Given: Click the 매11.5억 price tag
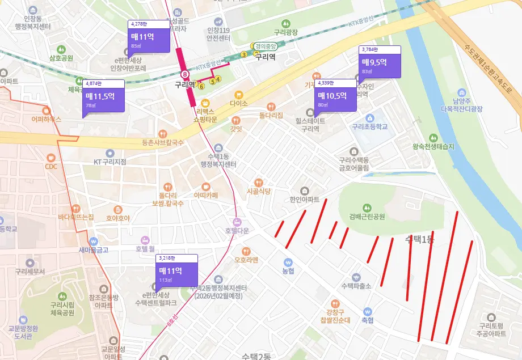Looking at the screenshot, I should pyautogui.click(x=103, y=96).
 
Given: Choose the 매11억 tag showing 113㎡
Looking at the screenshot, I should pyautogui.click(x=176, y=270).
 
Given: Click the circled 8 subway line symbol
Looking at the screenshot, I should pyautogui.click(x=184, y=74).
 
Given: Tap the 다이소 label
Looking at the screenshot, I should pyautogui.click(x=239, y=103).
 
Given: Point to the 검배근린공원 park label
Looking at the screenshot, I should pyautogui.click(x=363, y=217).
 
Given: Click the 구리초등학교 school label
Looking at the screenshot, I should pyautogui.click(x=369, y=126).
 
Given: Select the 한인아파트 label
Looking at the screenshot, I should pyautogui.click(x=305, y=200).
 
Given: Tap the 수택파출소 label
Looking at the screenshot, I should pyautogui.click(x=356, y=286).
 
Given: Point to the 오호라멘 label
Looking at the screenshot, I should pyautogui.click(x=246, y=260).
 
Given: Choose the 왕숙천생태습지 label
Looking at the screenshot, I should pyautogui.click(x=433, y=146).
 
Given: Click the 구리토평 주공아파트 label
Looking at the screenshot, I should pyautogui.click(x=491, y=330).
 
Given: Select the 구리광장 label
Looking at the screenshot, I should pyautogui.click(x=285, y=33).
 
